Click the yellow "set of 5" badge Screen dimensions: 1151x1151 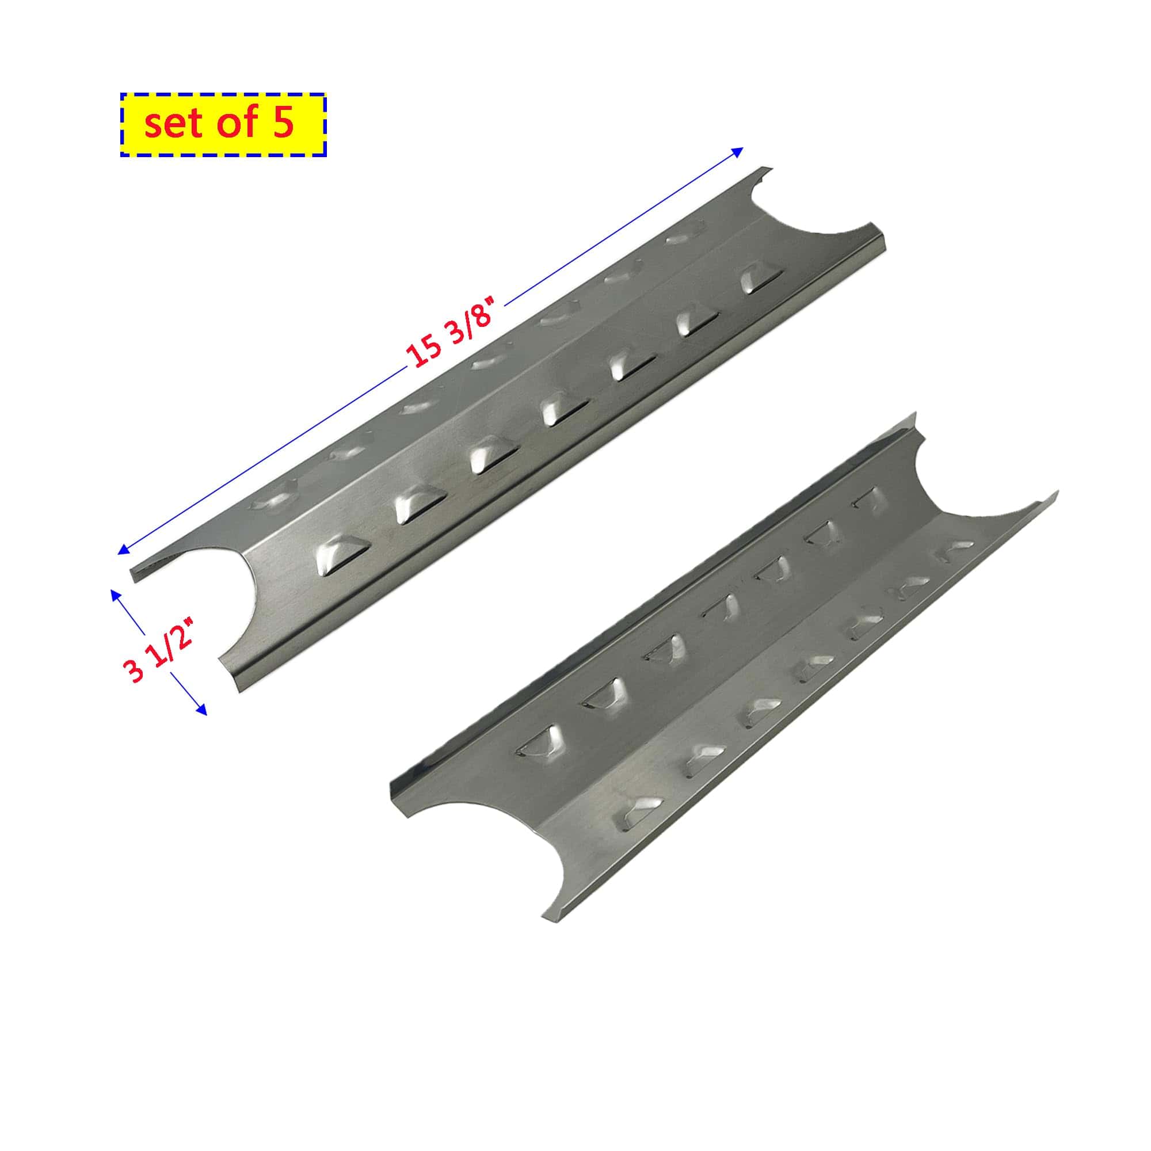coord(223,124)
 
